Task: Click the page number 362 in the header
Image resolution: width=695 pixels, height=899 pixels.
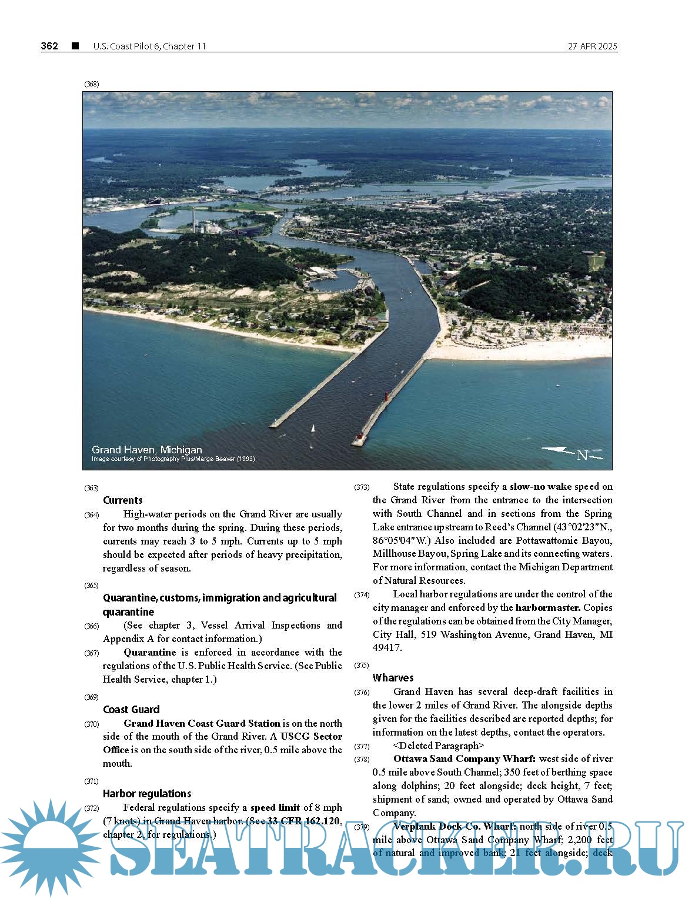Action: pos(49,46)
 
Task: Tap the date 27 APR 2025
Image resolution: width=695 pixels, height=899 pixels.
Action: pos(592,46)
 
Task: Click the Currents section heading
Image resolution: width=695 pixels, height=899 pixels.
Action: pos(122,500)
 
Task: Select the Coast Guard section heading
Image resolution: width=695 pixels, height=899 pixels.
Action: pos(131,710)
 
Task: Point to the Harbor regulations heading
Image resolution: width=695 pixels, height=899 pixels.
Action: pos(147,794)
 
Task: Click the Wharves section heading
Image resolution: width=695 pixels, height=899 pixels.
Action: pos(393,678)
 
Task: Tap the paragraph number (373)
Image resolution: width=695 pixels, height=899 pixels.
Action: pos(362,487)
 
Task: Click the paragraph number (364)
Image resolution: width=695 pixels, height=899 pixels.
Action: pos(92,515)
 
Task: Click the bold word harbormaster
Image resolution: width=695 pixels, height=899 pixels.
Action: pos(548,608)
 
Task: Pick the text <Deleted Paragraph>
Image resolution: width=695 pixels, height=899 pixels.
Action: pos(439,746)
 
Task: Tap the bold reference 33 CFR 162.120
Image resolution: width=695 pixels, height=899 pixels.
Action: pos(303,821)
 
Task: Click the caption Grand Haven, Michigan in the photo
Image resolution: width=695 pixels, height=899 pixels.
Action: pos(146,450)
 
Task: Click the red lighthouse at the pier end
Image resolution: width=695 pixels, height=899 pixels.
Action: pos(359,438)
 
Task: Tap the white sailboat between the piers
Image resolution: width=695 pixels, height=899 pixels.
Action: pos(312,429)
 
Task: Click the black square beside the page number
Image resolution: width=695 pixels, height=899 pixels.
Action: pos(75,46)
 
